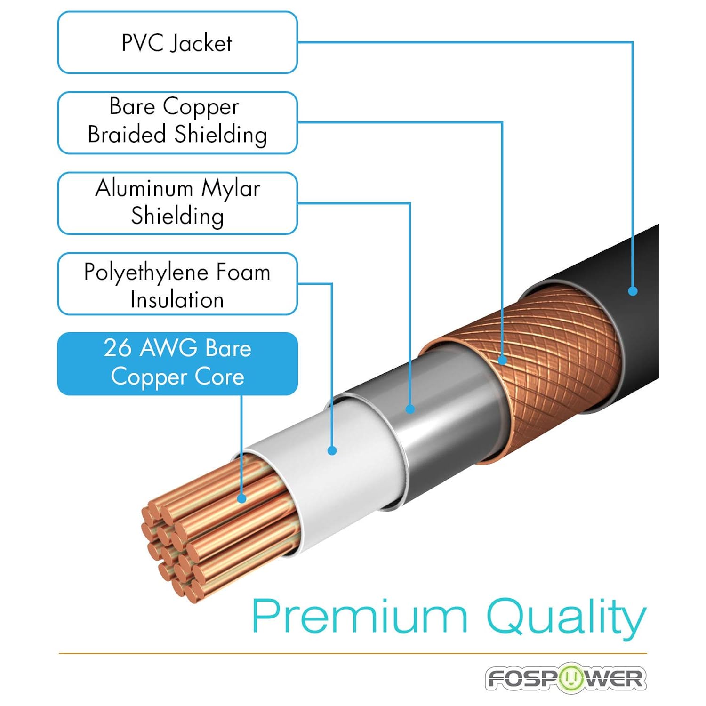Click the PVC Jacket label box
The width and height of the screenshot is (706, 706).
click(177, 42)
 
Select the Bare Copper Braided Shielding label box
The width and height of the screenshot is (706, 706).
click(177, 122)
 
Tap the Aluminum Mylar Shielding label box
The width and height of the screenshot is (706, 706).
click(177, 203)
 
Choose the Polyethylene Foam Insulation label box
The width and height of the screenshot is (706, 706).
click(177, 283)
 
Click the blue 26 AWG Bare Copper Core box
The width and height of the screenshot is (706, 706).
click(177, 363)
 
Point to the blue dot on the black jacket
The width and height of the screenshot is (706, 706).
click(633, 291)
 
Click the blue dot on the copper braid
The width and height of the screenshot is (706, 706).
click(502, 361)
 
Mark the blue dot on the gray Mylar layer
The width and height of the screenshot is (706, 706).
click(410, 409)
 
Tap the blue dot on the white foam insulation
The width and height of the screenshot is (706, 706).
click(332, 450)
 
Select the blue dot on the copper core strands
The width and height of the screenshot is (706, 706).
click(242, 498)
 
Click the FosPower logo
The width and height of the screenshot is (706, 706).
click(566, 678)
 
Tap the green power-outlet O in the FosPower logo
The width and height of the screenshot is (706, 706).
click(572, 678)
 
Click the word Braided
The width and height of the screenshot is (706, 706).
click(127, 134)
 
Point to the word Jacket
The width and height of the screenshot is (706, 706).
click(201, 43)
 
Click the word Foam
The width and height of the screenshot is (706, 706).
click(243, 272)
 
